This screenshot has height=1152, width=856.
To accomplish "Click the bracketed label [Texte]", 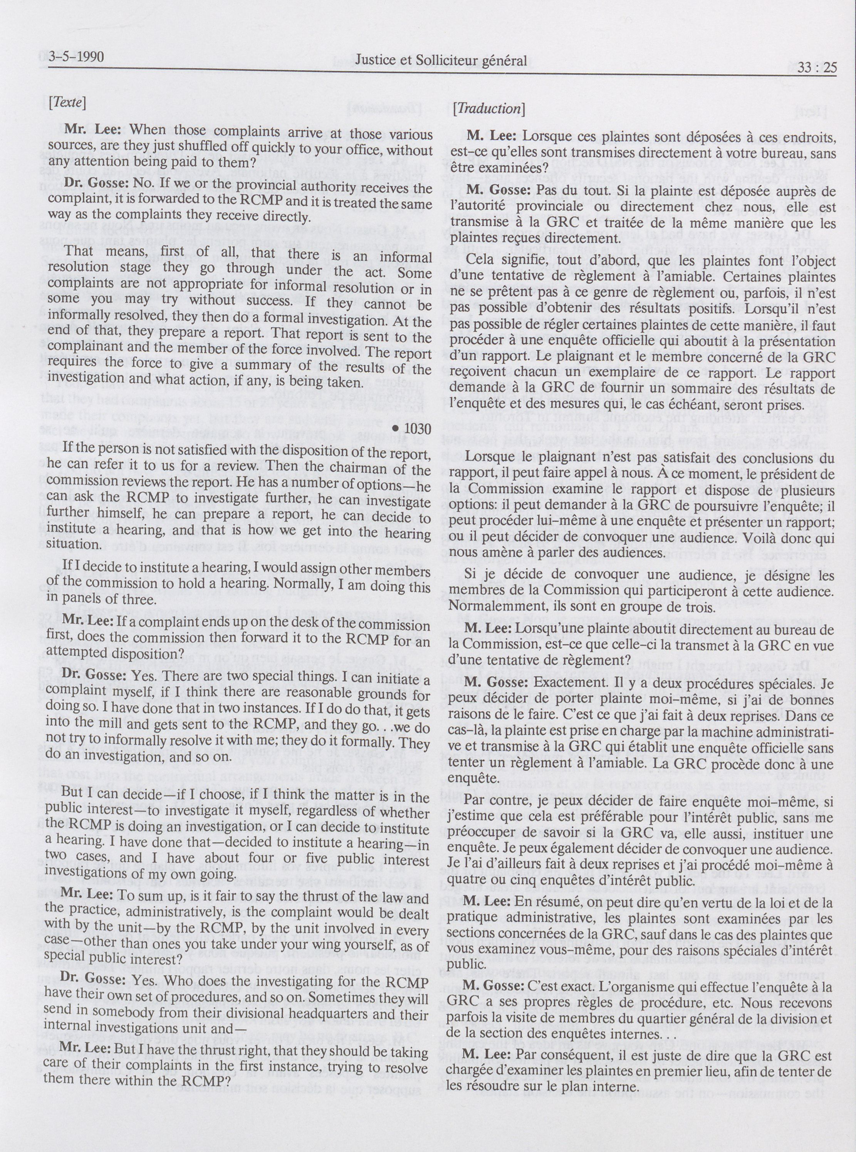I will pos(66,102).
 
